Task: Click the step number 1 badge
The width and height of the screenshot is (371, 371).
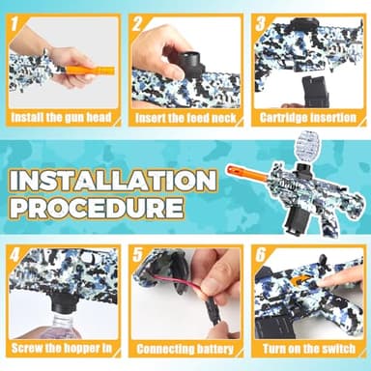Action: [17, 21]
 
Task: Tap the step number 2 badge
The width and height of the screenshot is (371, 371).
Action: [138, 21]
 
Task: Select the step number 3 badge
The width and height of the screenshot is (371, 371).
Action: [262, 21]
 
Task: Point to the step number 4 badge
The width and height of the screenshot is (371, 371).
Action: [17, 257]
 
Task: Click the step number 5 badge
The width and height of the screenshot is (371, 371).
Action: [138, 257]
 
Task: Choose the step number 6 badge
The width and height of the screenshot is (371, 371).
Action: [262, 257]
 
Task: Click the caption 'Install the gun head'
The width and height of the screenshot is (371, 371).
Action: [61, 118]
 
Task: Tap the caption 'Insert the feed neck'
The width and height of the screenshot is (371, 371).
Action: [185, 118]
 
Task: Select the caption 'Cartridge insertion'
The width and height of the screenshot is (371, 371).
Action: [307, 118]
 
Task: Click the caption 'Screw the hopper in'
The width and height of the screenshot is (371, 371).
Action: [61, 348]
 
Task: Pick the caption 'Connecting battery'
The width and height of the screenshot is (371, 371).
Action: [185, 348]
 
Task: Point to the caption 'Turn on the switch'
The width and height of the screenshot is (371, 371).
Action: [307, 348]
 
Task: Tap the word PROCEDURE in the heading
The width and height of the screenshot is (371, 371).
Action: [95, 208]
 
